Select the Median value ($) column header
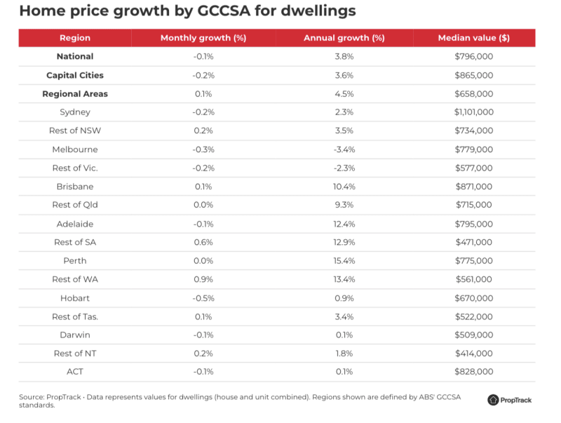point(473,38)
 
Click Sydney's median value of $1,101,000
point(473,112)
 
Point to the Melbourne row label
point(75,149)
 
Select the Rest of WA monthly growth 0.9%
point(203,279)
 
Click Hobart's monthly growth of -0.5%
point(203,298)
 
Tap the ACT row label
point(75,372)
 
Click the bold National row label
point(75,56)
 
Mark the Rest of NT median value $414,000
point(473,354)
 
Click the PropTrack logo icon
point(494,400)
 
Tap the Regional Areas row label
point(75,93)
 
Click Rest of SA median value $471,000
point(473,242)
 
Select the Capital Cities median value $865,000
point(473,75)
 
